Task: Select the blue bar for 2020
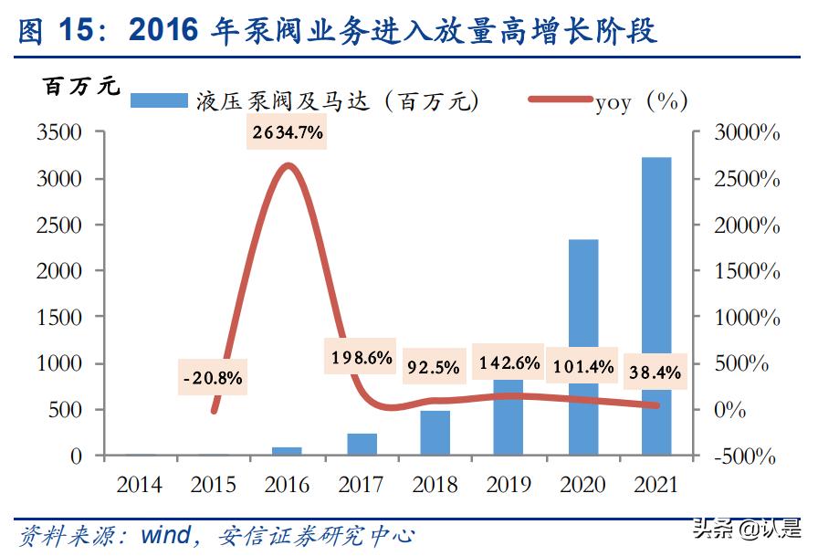583,347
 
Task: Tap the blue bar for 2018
435,433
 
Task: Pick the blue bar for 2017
362,444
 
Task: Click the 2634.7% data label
288,133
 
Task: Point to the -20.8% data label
213,377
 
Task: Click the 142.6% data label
508,363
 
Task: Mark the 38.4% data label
655,372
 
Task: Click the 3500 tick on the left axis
61,133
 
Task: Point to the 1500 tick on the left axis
61,318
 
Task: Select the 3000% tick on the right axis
747,133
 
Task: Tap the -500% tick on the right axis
746,456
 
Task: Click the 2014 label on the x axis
139,485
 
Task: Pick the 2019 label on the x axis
509,485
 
